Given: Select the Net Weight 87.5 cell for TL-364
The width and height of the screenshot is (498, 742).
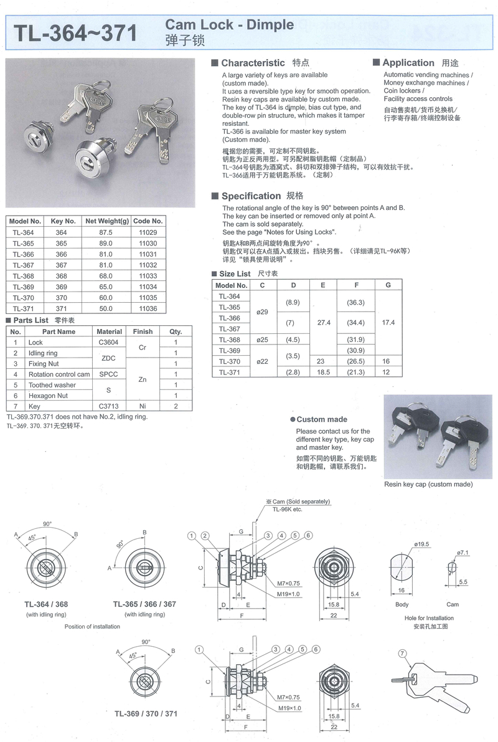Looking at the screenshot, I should coord(106,232).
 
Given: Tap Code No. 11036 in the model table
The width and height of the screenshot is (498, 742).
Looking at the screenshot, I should coord(148,308).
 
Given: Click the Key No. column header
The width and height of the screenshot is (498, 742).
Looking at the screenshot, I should coord(63,221).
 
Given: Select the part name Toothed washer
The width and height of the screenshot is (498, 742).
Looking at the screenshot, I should coord(52,385).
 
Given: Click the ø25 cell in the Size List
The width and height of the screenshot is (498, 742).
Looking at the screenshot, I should coord(262,340).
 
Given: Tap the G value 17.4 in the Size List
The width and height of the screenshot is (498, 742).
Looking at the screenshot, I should coord(388,323).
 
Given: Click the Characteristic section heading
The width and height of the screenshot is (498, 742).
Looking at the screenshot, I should coord(253,63).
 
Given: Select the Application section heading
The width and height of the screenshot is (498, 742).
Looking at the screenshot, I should coord(408,63).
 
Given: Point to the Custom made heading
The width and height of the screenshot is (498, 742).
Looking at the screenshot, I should coord(322,419).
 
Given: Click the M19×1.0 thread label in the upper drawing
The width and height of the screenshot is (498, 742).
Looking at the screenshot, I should coord(289,594).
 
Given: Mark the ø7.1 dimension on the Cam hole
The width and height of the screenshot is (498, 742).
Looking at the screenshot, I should coord(462,553).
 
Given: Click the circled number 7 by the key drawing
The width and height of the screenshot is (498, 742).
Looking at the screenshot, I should coord(403,654).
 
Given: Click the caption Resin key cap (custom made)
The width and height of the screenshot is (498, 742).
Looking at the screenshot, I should coord(428,484).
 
